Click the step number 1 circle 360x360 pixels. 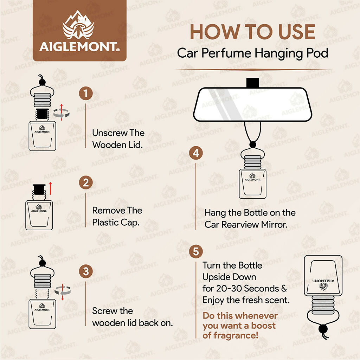tap(86, 94)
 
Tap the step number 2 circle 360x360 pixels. tap(86, 183)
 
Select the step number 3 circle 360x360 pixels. tap(86, 271)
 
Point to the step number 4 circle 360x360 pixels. tap(196, 153)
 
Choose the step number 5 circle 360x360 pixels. tap(196, 252)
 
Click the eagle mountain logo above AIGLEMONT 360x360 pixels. tap(78, 29)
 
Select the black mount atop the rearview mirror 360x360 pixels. tap(252, 83)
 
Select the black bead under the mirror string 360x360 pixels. tap(252, 144)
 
